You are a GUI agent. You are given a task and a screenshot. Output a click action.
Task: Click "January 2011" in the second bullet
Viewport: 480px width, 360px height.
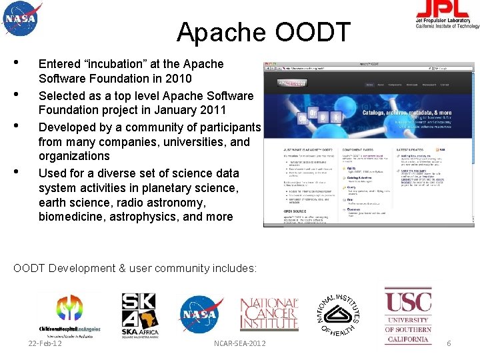coord(193,110)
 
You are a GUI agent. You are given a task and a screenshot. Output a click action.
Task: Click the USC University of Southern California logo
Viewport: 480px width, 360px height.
coord(408,315)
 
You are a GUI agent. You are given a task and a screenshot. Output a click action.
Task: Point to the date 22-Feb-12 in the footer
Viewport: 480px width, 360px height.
coord(45,343)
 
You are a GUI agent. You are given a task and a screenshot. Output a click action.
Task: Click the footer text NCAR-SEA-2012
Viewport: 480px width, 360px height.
coord(239,343)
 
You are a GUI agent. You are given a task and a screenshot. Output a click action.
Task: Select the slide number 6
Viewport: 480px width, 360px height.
coord(449,343)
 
